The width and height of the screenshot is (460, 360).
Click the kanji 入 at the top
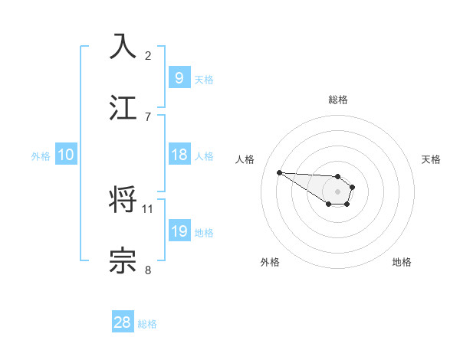point(123,46)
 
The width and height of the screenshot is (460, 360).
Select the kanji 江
point(123,107)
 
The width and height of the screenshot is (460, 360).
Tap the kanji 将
point(123,201)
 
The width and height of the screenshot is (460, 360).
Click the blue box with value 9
point(178,78)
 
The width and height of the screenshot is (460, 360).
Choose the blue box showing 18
point(179,155)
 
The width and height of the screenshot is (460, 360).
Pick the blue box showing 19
point(179,231)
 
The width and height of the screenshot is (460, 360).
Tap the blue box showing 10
point(66,155)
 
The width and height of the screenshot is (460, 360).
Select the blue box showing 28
point(122,322)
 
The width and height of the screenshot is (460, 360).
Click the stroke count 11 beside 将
point(148,208)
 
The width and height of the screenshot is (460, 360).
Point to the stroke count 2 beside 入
point(148,55)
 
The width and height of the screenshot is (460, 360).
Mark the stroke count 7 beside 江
point(148,116)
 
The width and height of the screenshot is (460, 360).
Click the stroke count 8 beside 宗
point(148,270)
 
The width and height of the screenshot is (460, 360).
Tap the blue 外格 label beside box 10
point(41,156)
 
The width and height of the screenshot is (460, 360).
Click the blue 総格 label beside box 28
point(147,324)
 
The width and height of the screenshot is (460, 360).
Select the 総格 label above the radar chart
point(337,100)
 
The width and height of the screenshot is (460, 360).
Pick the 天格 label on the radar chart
point(432,159)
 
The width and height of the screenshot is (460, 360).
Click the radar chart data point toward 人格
point(279,172)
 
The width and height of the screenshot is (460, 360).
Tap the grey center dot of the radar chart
point(337,191)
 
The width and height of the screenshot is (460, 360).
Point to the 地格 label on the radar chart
point(402,262)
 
